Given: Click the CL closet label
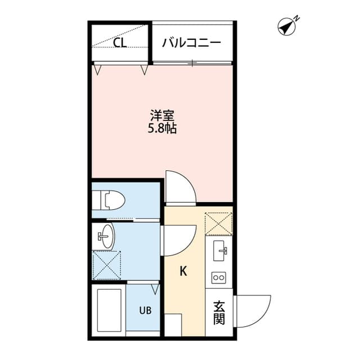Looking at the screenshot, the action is pyautogui.click(x=120, y=43).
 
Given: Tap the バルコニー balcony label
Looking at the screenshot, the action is pyautogui.click(x=191, y=43).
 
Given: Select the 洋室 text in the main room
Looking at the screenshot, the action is pyautogui.click(x=163, y=116).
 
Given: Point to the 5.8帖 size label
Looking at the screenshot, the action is pyautogui.click(x=162, y=129).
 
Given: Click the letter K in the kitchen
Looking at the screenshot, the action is pyautogui.click(x=183, y=271).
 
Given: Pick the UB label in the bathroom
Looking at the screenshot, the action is pyautogui.click(x=145, y=310).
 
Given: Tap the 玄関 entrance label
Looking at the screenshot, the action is pyautogui.click(x=219, y=313).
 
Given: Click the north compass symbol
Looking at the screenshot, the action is pyautogui.click(x=287, y=26).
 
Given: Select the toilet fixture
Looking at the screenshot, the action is pyautogui.click(x=109, y=200).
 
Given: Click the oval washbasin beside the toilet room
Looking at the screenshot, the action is pyautogui.click(x=108, y=236).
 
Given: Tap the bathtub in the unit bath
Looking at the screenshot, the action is pyautogui.click(x=109, y=310).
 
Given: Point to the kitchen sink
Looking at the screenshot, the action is pyautogui.click(x=219, y=250).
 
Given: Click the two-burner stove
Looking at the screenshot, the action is pyautogui.click(x=219, y=278).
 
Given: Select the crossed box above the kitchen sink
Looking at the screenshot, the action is pyautogui.click(x=219, y=224).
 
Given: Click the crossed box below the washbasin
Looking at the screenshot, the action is pyautogui.click(x=107, y=265).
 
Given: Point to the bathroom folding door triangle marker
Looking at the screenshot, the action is pyautogui.click(x=155, y=289).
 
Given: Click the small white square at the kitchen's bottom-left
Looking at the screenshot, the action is pyautogui.click(x=173, y=325).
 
